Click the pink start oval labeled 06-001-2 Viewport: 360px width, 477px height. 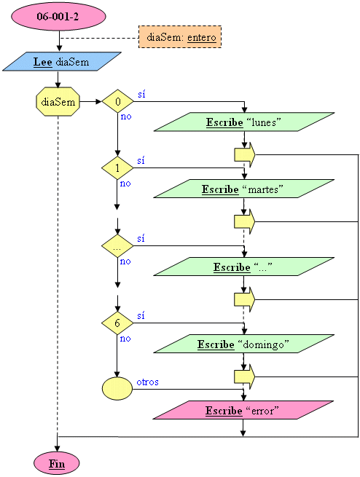click(x=58, y=16)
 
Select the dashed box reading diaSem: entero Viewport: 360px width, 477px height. click(x=180, y=37)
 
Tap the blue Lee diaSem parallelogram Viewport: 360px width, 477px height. click(x=62, y=61)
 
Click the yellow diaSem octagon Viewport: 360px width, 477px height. click(x=58, y=102)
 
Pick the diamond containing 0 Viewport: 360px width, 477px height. click(x=117, y=101)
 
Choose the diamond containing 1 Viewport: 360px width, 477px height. click(x=117, y=168)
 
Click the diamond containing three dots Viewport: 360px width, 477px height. click(x=117, y=246)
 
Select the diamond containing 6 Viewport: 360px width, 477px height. click(x=117, y=323)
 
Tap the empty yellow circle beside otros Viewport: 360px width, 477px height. click(x=117, y=388)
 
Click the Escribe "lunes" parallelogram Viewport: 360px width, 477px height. click(x=244, y=122)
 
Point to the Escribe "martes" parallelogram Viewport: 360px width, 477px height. click(x=243, y=189)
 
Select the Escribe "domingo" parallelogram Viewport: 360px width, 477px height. click(x=243, y=344)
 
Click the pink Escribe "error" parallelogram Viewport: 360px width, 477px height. click(x=243, y=410)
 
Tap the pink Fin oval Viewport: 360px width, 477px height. click(x=57, y=463)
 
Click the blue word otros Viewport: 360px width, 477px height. click(x=148, y=382)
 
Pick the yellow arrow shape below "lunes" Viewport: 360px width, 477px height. click(x=245, y=155)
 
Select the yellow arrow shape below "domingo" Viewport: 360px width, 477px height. click(x=245, y=377)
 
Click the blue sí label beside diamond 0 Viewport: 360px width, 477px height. click(x=141, y=94)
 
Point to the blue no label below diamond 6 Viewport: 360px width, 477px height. click(x=125, y=339)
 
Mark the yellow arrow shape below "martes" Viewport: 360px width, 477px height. click(x=245, y=222)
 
